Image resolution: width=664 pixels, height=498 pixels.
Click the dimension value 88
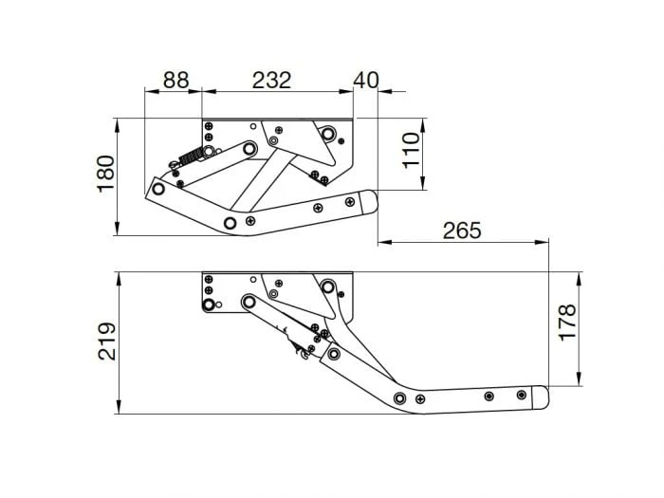click(x=176, y=81)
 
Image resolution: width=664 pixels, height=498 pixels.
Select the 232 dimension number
click(x=271, y=81)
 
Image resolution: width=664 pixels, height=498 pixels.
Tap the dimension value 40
click(x=365, y=81)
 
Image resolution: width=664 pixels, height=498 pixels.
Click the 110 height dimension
click(x=410, y=152)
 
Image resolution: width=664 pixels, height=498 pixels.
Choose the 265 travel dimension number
click(x=461, y=231)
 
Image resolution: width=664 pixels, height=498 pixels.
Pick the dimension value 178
click(x=566, y=323)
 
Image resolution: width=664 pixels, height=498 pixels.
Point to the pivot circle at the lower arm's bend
click(x=400, y=398)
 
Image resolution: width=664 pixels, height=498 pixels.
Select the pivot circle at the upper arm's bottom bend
click(x=231, y=223)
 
